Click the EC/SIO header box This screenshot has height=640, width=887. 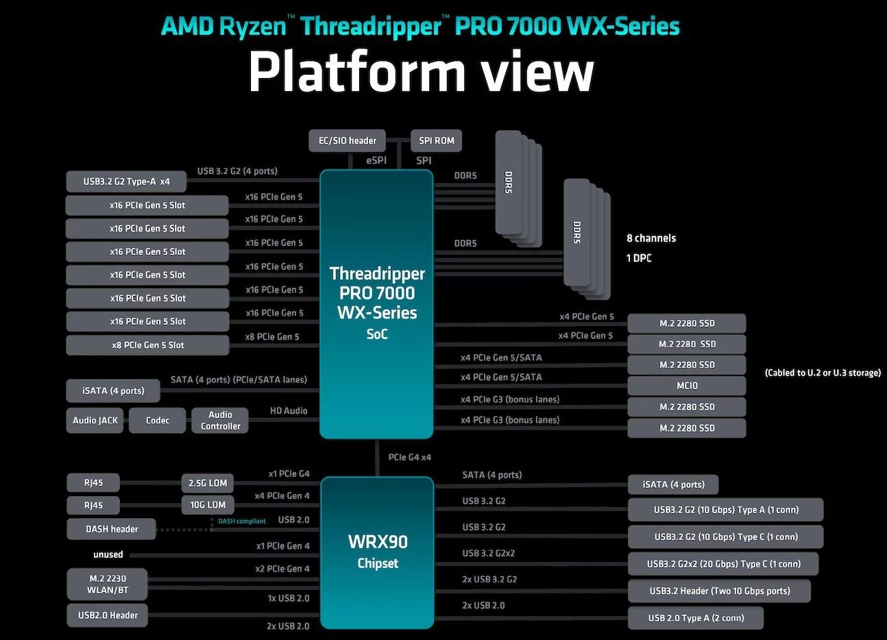(347, 140)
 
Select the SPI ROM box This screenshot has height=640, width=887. (436, 140)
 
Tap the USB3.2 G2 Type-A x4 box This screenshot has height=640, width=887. (126, 182)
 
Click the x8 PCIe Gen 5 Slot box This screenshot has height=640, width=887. (147, 345)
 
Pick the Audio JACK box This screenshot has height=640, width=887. (95, 420)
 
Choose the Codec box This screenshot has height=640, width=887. (157, 420)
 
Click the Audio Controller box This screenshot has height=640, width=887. (220, 420)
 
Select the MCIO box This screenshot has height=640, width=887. (686, 386)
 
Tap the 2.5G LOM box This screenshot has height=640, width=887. (208, 483)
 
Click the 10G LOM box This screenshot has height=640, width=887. (208, 505)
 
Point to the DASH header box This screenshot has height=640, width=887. (111, 529)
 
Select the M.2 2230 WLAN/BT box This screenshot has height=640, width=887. (107, 584)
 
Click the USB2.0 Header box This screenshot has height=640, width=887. (108, 615)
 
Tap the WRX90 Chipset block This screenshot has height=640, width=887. (377, 552)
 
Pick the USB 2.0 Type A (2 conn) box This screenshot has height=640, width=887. (696, 618)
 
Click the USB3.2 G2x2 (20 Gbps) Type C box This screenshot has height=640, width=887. (723, 564)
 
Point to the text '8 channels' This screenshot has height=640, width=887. (651, 238)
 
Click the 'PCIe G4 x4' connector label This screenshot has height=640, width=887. (409, 457)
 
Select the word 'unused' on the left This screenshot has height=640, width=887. (108, 554)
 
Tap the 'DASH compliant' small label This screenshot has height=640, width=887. (242, 521)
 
